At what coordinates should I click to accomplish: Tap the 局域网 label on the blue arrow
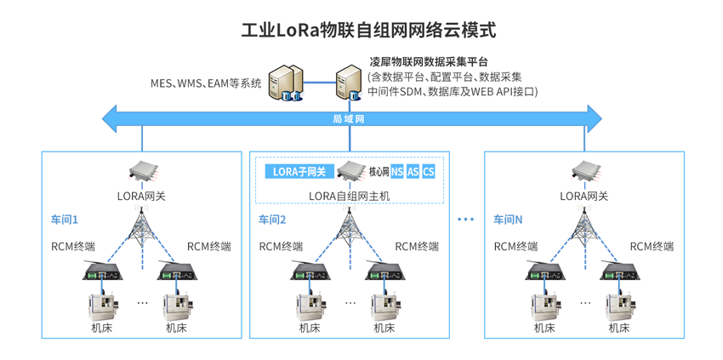point(348,119)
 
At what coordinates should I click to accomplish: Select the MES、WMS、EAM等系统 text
point(206,83)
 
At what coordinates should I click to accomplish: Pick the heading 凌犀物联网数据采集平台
point(428,63)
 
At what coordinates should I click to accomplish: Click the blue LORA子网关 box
point(299,172)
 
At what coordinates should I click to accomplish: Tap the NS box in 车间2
point(397,172)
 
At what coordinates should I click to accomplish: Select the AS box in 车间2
point(413,172)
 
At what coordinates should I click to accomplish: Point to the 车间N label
point(509,220)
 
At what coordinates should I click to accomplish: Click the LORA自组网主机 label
point(348,196)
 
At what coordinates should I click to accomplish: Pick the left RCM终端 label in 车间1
point(73,247)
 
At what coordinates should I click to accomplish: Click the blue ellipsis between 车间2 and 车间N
point(465,220)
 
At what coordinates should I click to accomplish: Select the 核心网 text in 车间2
point(379,172)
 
